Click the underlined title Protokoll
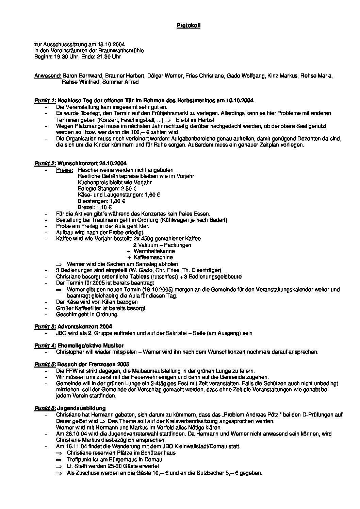tap(189, 26)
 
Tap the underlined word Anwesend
tap(48, 76)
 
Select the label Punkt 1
tap(45, 101)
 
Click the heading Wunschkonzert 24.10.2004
tap(92, 164)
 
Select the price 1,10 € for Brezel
tap(104, 207)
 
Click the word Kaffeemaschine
tap(153, 257)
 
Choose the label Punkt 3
tap(45, 327)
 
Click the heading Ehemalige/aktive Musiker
tap(91, 345)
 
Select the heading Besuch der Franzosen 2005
tap(93, 364)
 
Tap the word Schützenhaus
tap(160, 453)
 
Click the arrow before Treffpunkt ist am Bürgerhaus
tap(60, 460)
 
